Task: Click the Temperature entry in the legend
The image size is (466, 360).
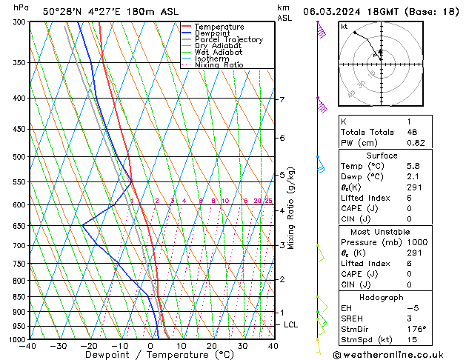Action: coord(220,27)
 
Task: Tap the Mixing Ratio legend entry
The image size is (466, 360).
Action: coord(219,65)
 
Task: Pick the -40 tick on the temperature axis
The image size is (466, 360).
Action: coord(29,346)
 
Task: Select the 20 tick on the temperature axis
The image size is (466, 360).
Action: coord(212,346)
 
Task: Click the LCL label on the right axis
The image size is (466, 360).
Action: coord(291,324)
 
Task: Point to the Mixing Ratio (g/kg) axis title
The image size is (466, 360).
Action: coord(291,208)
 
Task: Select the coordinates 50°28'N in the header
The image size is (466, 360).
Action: coord(61,11)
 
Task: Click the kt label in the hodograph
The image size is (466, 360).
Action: coord(344,27)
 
